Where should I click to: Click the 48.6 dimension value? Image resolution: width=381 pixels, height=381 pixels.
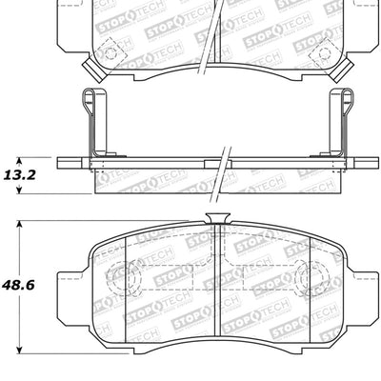point(26,284)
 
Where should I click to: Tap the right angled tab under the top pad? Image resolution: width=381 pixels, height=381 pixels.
point(344,68)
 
